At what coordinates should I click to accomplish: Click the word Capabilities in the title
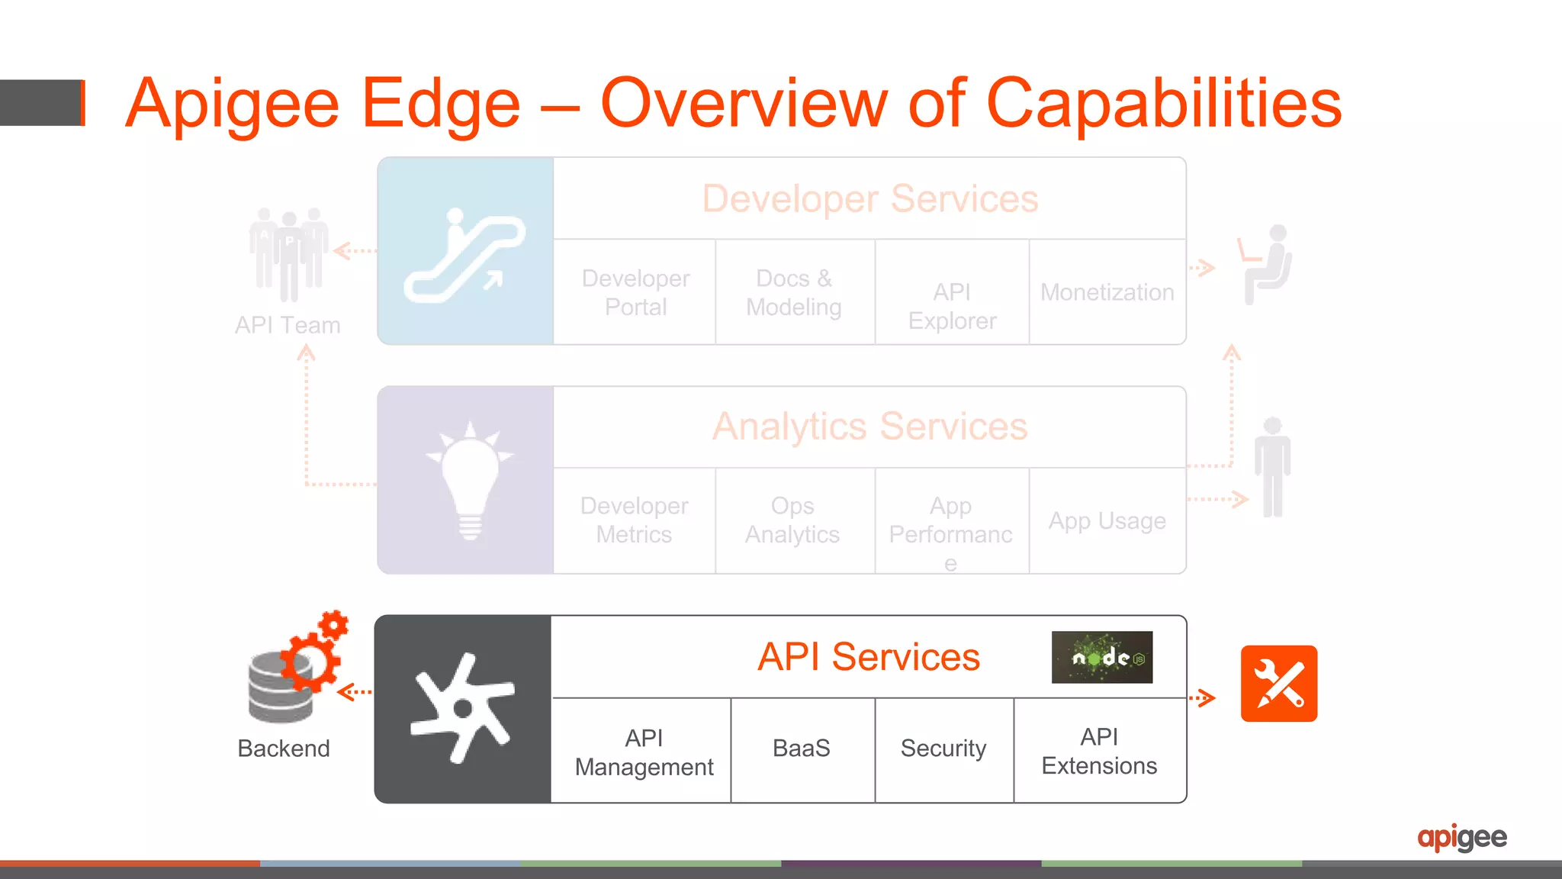tap(1163, 105)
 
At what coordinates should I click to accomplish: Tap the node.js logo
tap(1101, 657)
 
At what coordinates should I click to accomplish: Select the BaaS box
tap(802, 749)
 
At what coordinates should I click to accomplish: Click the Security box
tap(943, 749)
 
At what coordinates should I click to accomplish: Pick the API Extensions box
tap(1099, 751)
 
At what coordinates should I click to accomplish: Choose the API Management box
tap(644, 752)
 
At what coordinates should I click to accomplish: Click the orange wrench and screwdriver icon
tap(1278, 684)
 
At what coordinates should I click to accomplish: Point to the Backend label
tap(284, 749)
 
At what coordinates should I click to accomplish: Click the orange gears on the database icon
tap(314, 652)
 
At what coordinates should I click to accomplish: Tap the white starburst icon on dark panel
tap(462, 708)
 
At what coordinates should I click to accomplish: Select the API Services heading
tap(868, 657)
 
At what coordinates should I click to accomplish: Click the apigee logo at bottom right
tap(1461, 838)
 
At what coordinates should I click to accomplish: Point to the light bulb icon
tap(470, 480)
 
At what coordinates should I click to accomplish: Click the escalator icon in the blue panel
tap(464, 256)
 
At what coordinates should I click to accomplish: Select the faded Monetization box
tap(1107, 292)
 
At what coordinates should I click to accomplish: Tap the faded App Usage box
tap(1107, 521)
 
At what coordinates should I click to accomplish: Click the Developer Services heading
tap(869, 199)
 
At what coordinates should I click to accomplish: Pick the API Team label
tap(288, 325)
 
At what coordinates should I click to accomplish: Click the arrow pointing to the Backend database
tap(355, 692)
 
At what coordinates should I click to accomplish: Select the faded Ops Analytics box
tap(792, 520)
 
